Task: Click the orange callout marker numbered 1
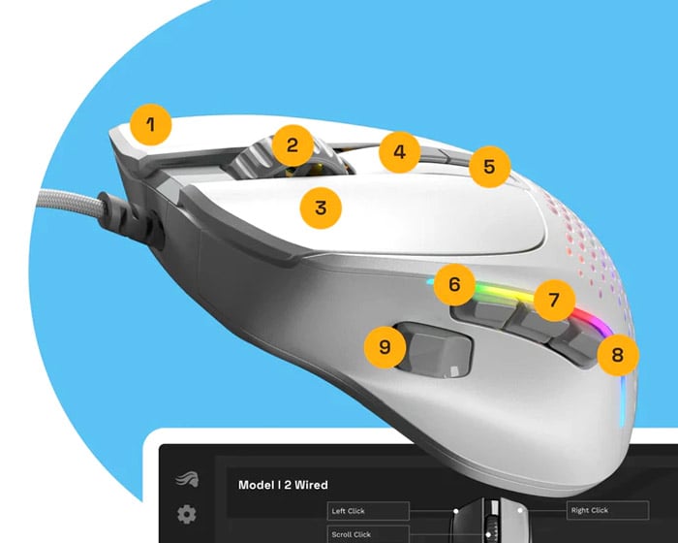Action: [x=151, y=125]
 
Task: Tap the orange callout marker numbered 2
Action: [x=293, y=145]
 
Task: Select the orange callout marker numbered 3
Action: [x=321, y=208]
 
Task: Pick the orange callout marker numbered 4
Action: [x=399, y=152]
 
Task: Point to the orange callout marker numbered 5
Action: [x=489, y=167]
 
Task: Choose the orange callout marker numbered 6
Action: [x=454, y=284]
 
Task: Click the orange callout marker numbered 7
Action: [x=554, y=300]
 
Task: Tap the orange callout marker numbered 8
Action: [x=618, y=355]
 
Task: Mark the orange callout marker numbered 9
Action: [x=385, y=347]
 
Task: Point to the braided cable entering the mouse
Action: [x=69, y=200]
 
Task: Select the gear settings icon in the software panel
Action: [x=187, y=514]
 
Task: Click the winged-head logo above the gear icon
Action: [x=187, y=480]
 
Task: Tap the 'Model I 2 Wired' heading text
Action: [x=283, y=485]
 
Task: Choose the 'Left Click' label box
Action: [x=368, y=511]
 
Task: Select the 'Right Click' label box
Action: [x=607, y=510]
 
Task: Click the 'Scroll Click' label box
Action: [x=368, y=534]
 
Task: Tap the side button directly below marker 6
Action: [x=484, y=313]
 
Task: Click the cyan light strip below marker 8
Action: [x=623, y=400]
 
